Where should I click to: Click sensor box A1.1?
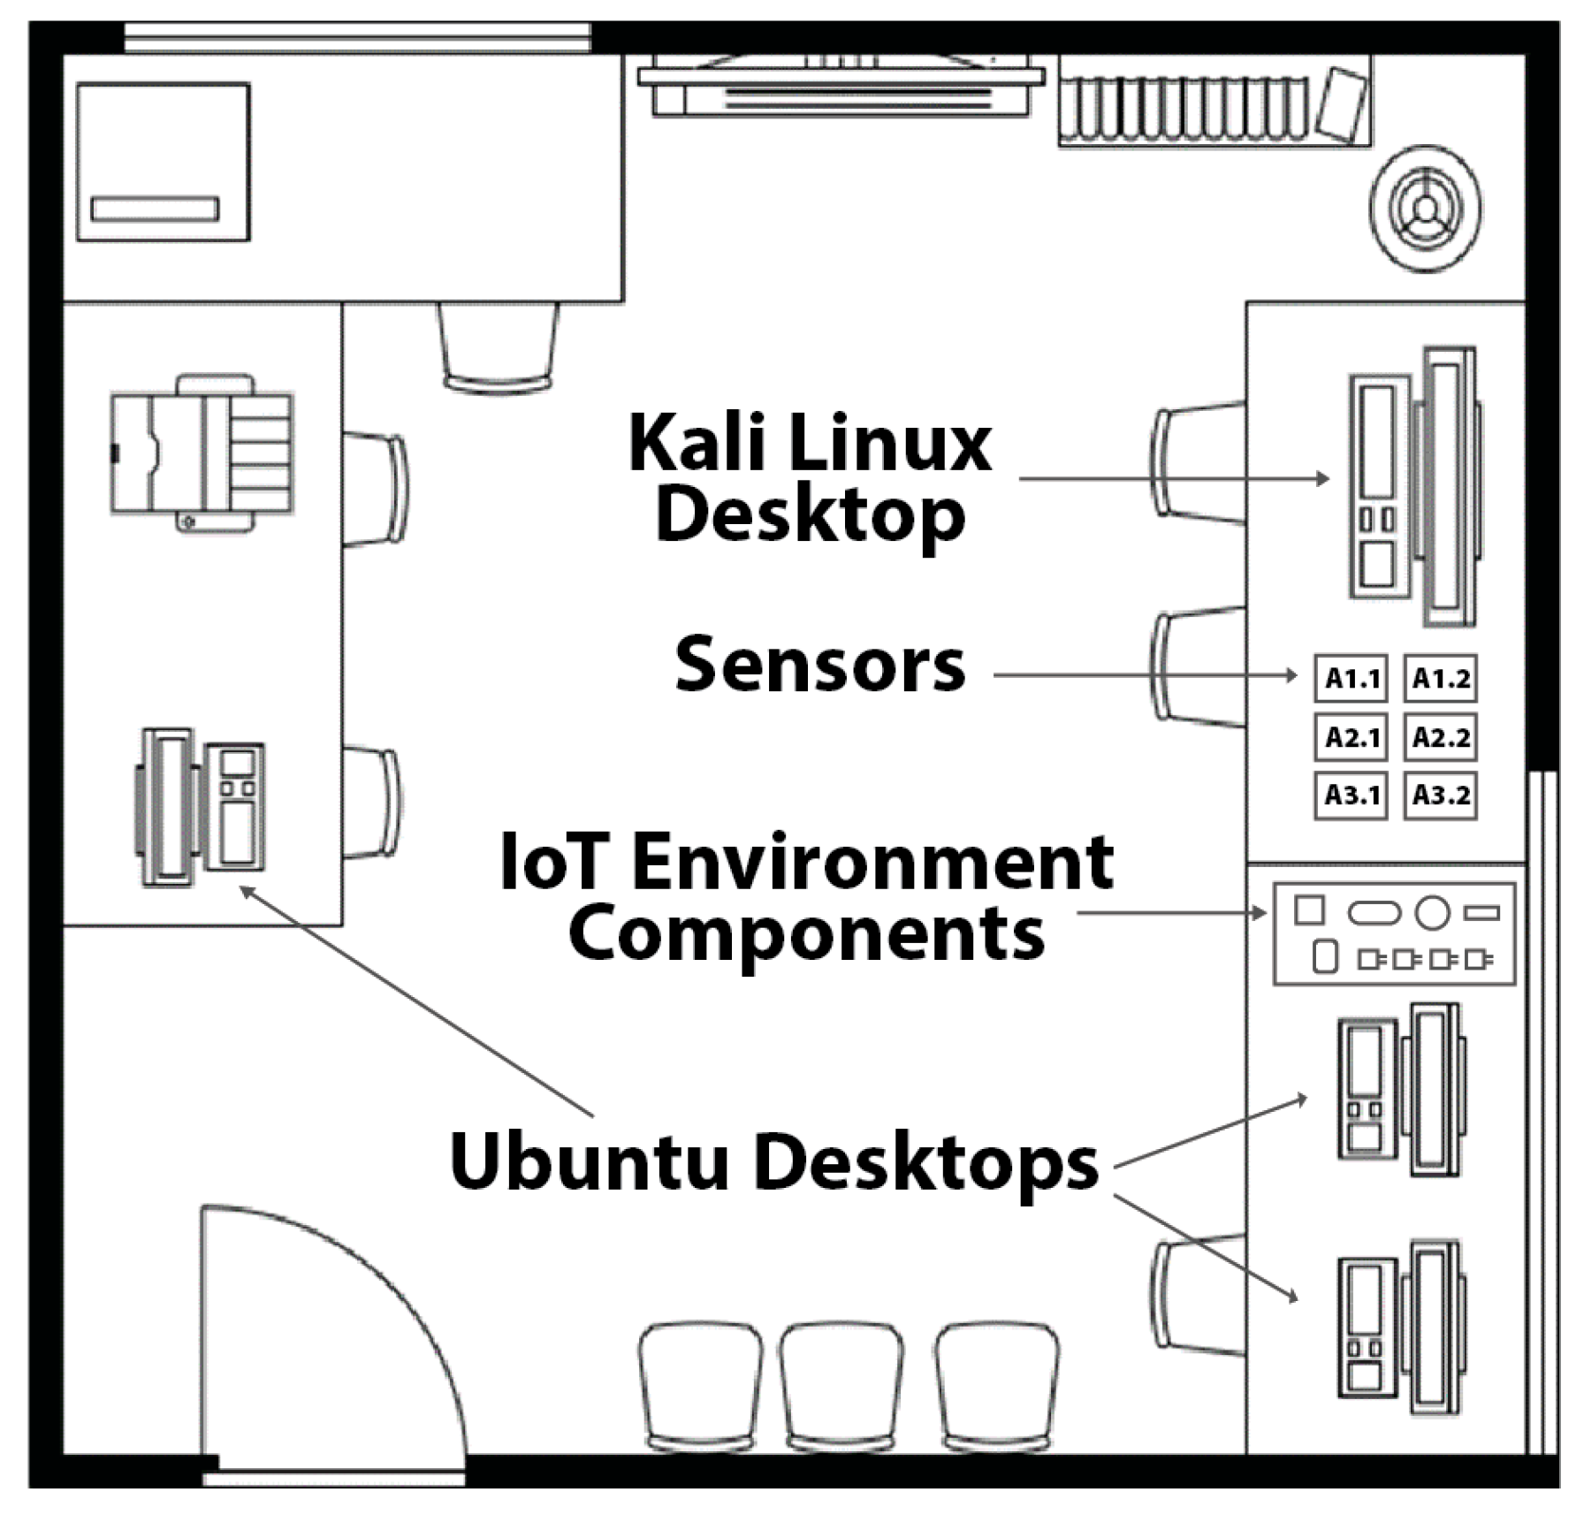[1351, 678]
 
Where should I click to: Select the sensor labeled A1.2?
[1440, 678]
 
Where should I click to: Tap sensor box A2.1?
[1351, 736]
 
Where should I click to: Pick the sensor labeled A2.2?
[1440, 736]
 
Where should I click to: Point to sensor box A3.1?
[1351, 795]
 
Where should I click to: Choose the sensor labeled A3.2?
[1440, 795]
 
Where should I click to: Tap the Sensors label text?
[819, 665]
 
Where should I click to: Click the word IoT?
[553, 862]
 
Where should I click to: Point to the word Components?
[806, 933]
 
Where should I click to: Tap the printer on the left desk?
[202, 453]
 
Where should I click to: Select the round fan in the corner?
[1426, 209]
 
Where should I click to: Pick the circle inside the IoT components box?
[1432, 912]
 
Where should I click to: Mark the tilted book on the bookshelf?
[1342, 104]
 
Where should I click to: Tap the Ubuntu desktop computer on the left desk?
[202, 806]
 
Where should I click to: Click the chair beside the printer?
[377, 488]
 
